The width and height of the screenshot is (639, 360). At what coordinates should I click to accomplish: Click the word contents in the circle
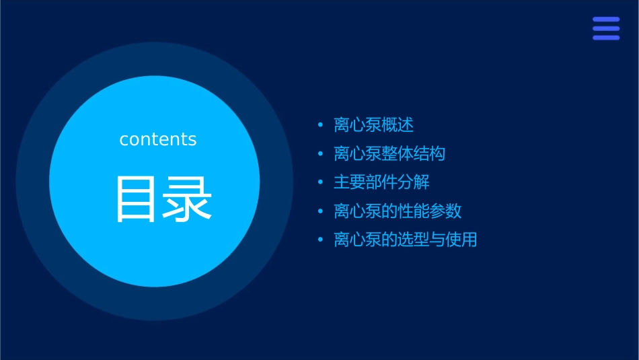158,139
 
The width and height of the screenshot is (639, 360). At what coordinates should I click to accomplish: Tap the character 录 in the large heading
188,199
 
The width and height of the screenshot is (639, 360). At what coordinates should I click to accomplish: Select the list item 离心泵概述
373,125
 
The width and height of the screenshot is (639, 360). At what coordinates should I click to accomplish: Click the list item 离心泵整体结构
389,153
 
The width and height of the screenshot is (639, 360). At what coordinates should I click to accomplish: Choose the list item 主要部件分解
381,182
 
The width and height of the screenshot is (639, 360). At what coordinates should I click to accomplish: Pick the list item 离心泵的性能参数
398,211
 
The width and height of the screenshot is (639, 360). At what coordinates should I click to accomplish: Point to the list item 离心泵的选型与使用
406,240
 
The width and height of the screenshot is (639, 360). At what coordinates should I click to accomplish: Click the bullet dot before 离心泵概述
320,125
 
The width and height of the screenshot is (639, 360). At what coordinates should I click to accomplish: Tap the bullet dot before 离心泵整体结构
320,154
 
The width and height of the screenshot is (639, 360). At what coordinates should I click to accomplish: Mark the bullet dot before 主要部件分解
320,182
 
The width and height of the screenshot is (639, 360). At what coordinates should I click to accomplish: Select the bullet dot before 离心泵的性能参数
320,211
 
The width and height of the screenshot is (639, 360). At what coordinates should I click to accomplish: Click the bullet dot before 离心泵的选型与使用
320,240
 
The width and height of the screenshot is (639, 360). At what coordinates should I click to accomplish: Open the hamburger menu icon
605,28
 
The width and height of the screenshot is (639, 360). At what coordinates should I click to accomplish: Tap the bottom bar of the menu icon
605,38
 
